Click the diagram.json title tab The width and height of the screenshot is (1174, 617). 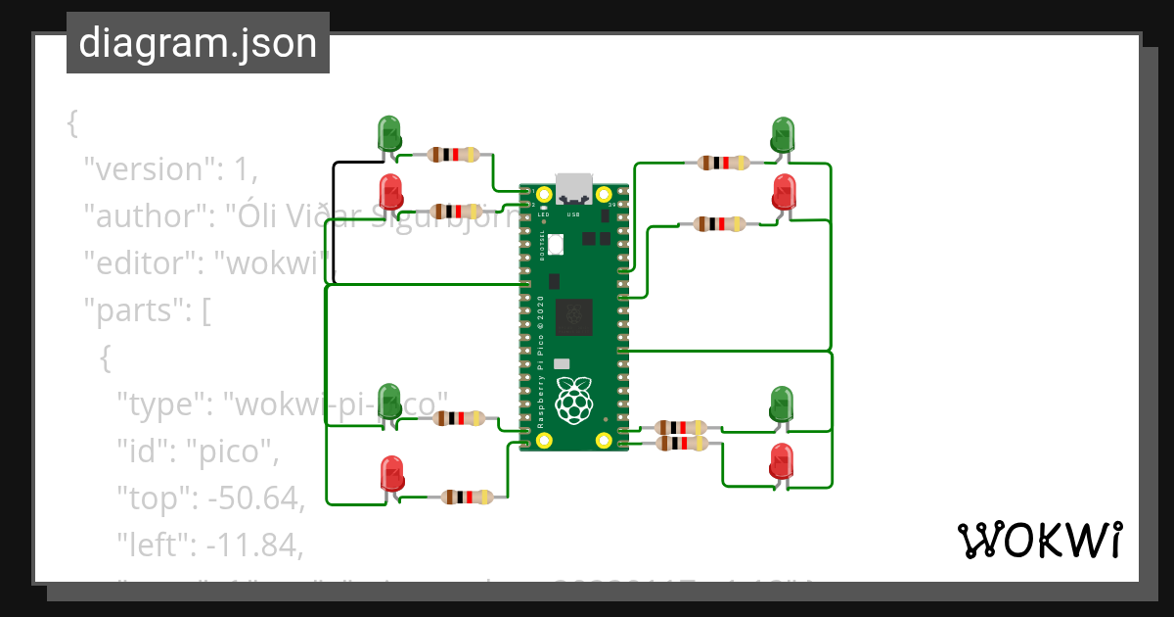(x=198, y=44)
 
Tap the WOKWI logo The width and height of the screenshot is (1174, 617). (x=1038, y=540)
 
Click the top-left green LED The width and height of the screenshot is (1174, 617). (x=388, y=133)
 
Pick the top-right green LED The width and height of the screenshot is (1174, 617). (x=783, y=133)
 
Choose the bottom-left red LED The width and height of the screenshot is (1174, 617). (x=391, y=473)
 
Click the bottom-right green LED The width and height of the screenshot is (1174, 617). (x=782, y=403)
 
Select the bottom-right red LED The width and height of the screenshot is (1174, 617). (x=782, y=460)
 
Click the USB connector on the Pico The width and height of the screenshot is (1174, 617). (x=573, y=187)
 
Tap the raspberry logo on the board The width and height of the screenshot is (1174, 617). (x=574, y=401)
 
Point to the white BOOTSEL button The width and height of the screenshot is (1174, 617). (x=556, y=244)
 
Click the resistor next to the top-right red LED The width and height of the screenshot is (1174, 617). (x=718, y=224)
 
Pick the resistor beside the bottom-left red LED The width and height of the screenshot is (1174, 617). (x=466, y=497)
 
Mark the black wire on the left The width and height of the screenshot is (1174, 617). (x=334, y=220)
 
